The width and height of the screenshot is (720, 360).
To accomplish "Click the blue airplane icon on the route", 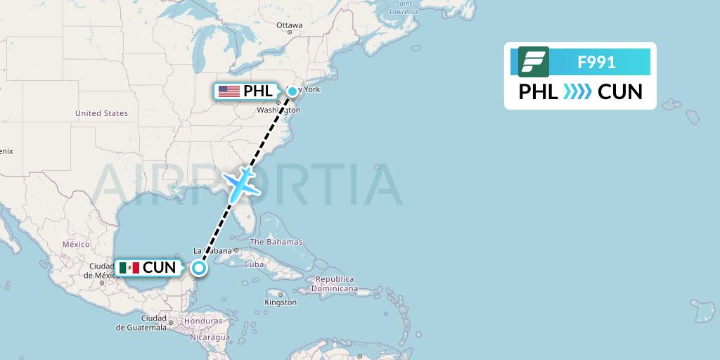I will (x=240, y=182).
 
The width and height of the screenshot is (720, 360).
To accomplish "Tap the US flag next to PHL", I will (x=229, y=91).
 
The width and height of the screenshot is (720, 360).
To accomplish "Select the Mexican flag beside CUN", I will (x=129, y=268).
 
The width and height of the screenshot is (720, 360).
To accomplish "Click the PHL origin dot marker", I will (x=292, y=91).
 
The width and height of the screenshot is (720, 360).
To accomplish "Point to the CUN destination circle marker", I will (x=200, y=267).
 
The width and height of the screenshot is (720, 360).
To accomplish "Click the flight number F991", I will (x=596, y=63).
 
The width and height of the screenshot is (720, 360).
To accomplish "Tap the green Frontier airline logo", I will (x=533, y=62).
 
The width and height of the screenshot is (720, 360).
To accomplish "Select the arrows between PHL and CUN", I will (x=578, y=92).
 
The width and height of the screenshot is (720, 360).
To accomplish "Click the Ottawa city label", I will (x=289, y=25).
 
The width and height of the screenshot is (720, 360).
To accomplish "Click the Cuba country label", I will (x=253, y=264).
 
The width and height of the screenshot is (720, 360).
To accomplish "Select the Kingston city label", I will (x=281, y=302).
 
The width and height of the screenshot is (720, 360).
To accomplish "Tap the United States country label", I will (x=101, y=113).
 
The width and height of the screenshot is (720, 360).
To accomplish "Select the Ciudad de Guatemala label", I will (x=142, y=323).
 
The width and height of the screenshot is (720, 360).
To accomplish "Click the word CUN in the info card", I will (x=620, y=92).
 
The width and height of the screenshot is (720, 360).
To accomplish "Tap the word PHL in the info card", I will (x=538, y=92).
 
